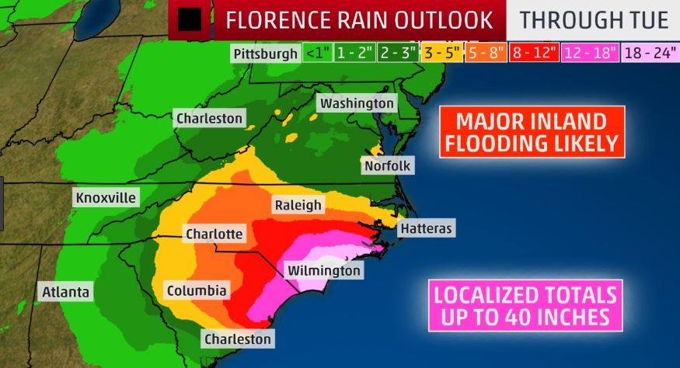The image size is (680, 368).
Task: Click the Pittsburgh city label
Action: [265, 54]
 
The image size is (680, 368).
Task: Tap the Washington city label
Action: [357, 103]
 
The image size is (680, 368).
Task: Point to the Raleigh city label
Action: [297, 205]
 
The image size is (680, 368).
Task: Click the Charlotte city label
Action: [214, 234]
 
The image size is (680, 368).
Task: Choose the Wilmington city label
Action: [323, 270]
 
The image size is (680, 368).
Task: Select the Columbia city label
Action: [197, 291]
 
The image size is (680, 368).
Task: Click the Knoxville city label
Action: [106, 198]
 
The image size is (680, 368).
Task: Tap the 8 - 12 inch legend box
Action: [533, 54]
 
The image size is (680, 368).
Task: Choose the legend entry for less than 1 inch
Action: [316, 54]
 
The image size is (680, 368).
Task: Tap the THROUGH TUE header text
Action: [594, 19]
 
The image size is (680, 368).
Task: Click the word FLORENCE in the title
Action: [287, 19]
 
